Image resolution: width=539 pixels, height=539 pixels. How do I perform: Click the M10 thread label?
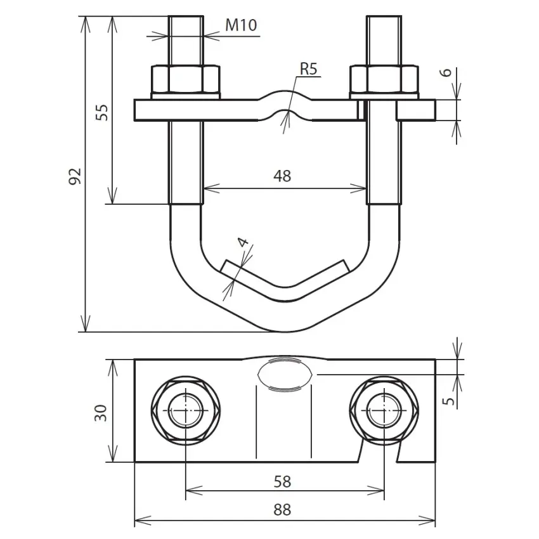[x=241, y=25]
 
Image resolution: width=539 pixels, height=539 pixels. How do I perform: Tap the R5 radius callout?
[x=308, y=68]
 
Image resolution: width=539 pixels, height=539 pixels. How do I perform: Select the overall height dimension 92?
[x=75, y=176]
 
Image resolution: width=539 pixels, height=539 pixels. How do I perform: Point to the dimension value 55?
[x=101, y=112]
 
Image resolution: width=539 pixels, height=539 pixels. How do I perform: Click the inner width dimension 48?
[x=282, y=176]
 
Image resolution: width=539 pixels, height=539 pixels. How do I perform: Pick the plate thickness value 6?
[x=446, y=72]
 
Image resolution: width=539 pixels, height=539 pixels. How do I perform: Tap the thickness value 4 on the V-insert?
[x=243, y=242]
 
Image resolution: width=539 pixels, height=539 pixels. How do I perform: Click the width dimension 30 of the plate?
[x=101, y=413]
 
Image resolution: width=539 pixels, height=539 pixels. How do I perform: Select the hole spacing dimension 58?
[x=282, y=481]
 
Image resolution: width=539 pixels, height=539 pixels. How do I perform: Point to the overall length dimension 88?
[x=282, y=509]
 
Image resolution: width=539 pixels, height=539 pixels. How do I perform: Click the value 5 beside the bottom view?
[x=448, y=401]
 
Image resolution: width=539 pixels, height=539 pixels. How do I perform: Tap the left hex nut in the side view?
[x=186, y=79]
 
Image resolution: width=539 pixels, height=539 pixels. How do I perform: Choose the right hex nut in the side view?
[x=384, y=79]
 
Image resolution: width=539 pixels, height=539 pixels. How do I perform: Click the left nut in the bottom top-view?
[x=186, y=411]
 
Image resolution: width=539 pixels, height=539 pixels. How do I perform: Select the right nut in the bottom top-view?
[x=384, y=411]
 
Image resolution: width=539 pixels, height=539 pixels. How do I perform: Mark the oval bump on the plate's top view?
[x=285, y=374]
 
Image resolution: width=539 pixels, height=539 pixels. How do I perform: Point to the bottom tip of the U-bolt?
[x=285, y=332]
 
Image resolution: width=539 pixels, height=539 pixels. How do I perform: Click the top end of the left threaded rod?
[x=186, y=16]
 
